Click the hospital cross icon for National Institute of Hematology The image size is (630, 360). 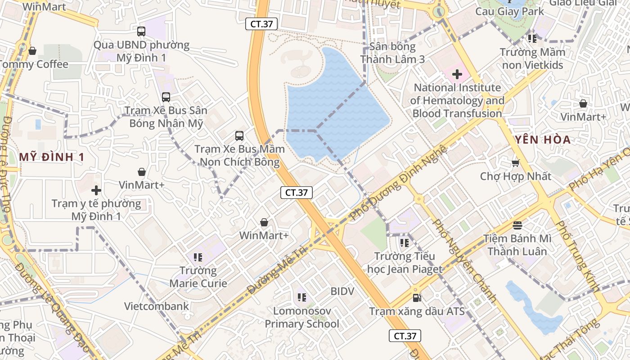[x=457, y=74]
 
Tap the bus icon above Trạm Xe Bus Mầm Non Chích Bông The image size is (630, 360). [x=239, y=135]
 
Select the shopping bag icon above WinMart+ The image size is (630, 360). [x=264, y=222]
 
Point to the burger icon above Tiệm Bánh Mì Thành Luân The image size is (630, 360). [x=517, y=225]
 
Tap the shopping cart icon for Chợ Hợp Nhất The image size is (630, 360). [x=516, y=163]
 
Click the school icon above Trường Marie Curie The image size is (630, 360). [x=198, y=257]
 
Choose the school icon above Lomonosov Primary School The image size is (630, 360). [x=302, y=297]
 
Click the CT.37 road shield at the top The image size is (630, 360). [x=261, y=24]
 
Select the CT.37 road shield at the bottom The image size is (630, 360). [x=405, y=336]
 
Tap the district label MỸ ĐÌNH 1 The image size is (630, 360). [x=52, y=157]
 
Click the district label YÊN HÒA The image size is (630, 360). [x=543, y=139]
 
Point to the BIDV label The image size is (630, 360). [x=342, y=291]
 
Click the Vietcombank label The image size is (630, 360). [x=157, y=306]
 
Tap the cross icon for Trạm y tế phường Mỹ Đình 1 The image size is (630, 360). [x=96, y=190]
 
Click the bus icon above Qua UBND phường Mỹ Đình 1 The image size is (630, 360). [x=141, y=31]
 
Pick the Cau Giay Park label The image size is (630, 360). [x=510, y=12]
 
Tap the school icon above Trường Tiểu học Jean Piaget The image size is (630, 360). [x=405, y=243]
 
